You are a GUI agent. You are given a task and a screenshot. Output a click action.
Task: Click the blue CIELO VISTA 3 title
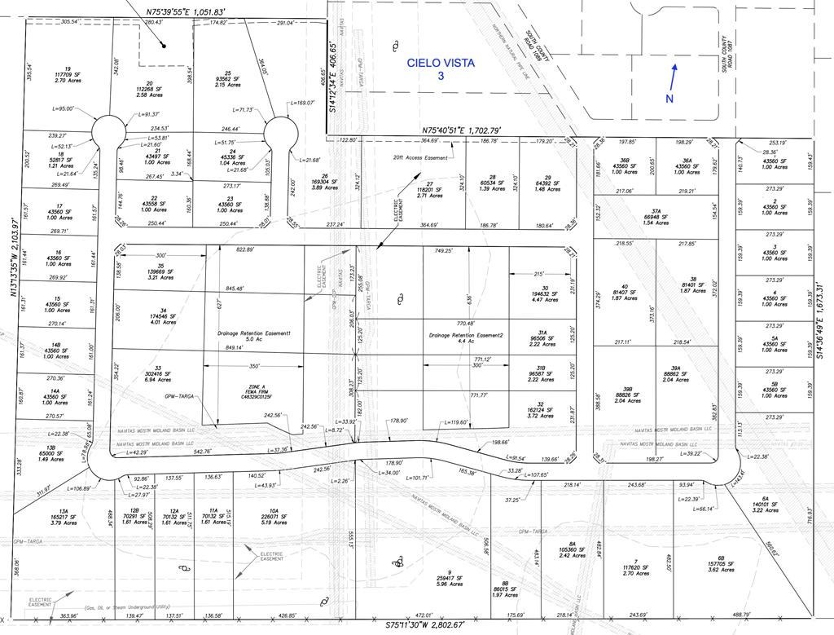[x=441, y=68]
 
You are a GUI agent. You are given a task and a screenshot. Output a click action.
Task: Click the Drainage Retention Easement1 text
[x=254, y=337]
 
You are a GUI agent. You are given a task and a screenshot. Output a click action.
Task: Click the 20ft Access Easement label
[x=420, y=158]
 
